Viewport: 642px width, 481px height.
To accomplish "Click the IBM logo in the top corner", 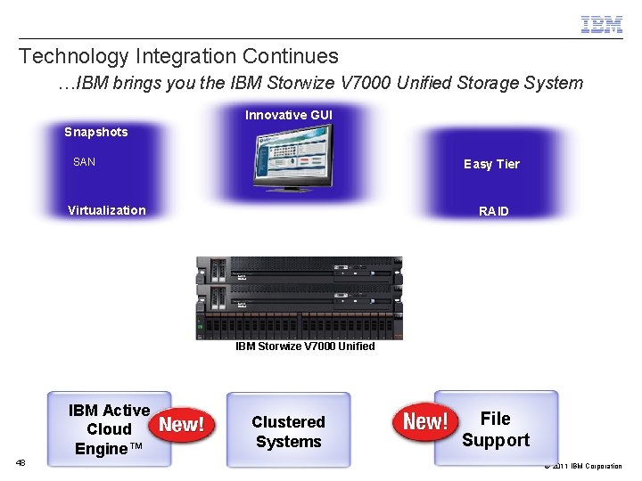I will (x=602, y=24).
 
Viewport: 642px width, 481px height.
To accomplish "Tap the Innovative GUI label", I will (x=289, y=115).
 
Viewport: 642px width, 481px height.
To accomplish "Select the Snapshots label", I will (x=95, y=132).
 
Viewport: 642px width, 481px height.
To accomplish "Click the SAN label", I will (x=84, y=162).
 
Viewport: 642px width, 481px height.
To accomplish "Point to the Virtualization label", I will (x=107, y=210).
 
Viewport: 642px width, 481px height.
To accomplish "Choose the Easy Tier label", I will (x=491, y=164).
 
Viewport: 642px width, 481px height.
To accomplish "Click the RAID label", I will (x=494, y=211).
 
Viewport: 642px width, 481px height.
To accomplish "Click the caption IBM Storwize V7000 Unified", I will (x=305, y=346).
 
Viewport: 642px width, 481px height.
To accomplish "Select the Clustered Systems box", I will (x=288, y=431).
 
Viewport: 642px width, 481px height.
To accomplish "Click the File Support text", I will (x=496, y=428).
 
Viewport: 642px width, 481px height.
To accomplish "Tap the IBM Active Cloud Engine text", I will (x=109, y=429).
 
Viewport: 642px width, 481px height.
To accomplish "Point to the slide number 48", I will (x=21, y=462).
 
